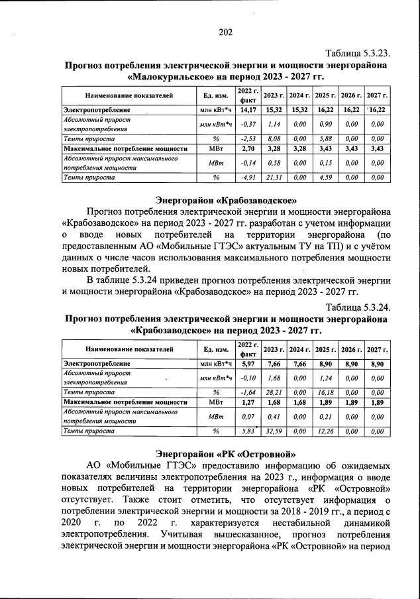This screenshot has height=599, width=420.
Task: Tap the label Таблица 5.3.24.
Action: (x=356, y=307)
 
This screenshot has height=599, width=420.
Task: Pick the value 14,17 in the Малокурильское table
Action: (x=248, y=109)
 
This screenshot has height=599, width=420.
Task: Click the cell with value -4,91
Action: (x=248, y=177)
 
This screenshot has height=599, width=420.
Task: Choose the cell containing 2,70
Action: (x=248, y=148)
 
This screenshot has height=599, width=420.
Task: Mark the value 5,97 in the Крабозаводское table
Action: (x=248, y=364)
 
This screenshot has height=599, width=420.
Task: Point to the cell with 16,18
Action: (x=325, y=392)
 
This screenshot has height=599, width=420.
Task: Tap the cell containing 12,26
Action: (x=325, y=431)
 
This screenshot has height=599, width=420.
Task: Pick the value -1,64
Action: (x=248, y=392)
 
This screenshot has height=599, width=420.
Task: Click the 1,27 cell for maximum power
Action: (x=248, y=402)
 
